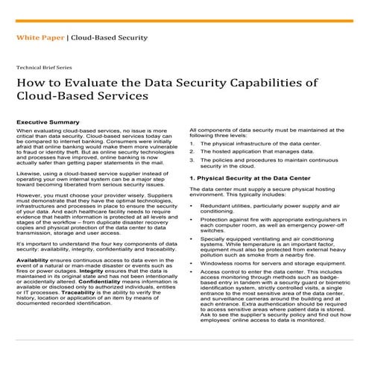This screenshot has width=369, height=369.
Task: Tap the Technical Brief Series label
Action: click(x=48, y=66)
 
